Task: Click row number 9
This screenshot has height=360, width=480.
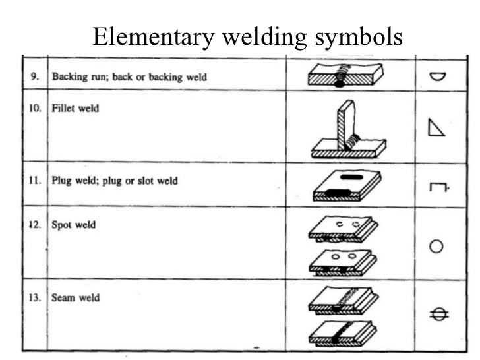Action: [34, 77]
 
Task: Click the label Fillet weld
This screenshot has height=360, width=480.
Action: [75, 107]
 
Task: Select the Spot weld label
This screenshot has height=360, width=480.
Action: [73, 224]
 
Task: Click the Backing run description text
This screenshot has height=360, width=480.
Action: [129, 77]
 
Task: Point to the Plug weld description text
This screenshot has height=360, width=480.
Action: [115, 180]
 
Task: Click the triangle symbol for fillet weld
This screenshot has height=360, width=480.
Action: [436, 127]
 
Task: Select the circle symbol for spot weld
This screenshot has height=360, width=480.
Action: [436, 247]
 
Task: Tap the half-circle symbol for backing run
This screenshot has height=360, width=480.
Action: [436, 76]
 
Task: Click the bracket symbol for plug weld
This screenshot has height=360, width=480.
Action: [437, 188]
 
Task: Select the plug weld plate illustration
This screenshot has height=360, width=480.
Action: [347, 184]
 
